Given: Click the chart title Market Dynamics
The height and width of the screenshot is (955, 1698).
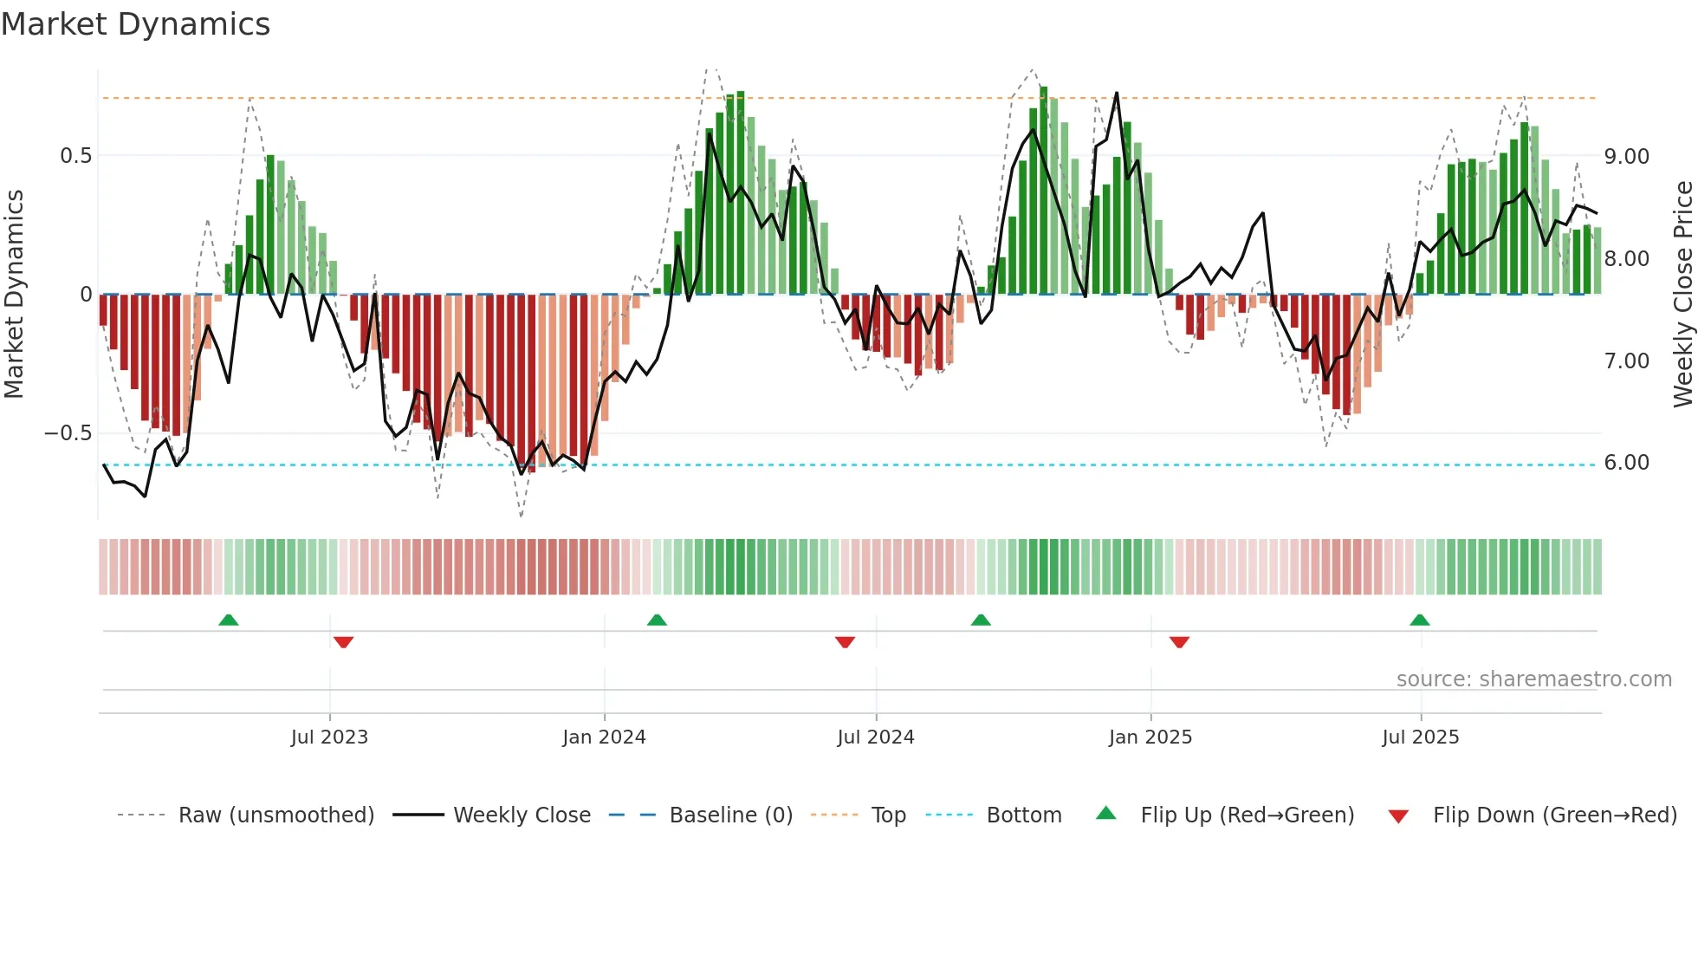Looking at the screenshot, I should coord(135,24).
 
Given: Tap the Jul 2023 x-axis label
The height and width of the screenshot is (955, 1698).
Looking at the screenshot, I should coord(329,737).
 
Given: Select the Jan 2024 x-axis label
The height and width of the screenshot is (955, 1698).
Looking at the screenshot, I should coord(604,737).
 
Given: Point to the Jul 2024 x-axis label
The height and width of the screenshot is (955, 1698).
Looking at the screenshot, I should coord(876,737).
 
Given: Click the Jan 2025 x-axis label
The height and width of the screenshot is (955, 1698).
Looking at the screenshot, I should coord(1150,737).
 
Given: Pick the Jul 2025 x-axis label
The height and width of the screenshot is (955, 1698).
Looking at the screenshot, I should coord(1421,737).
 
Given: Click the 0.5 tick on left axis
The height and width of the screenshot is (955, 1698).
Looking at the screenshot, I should coord(75,156).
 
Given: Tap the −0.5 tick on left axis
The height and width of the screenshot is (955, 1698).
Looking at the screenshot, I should coord(68,433).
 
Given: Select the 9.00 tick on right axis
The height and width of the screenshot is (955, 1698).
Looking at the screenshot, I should coord(1626,157).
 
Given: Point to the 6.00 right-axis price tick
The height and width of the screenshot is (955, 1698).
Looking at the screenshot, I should coord(1626,463).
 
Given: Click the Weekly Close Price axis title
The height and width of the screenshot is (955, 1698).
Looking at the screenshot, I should coord(1682,295).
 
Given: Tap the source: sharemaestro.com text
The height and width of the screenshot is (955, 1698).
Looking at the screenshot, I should coord(1533,679).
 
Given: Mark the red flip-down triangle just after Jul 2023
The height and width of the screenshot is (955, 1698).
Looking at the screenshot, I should coord(343,642).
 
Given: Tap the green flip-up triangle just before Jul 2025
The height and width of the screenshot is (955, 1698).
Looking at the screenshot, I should coord(1419,620).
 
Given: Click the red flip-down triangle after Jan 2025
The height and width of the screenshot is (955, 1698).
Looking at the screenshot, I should coord(1179,642).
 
